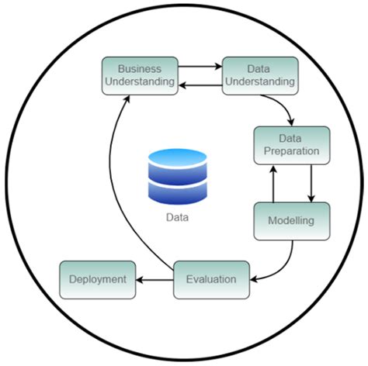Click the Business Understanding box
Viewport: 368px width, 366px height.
[141, 74]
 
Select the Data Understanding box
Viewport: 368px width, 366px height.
[259, 74]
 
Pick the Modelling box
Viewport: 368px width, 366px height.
[292, 220]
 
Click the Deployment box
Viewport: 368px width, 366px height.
[98, 279]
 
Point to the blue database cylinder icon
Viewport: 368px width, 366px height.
[178, 177]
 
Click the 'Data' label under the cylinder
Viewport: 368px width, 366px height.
[178, 218]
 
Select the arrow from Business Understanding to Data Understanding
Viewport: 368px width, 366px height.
[200, 67]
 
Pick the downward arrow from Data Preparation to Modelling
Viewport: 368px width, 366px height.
[311, 183]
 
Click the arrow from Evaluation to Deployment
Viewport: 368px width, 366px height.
[155, 279]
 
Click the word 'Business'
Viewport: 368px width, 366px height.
[141, 67]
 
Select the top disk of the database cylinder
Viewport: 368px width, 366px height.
[178, 159]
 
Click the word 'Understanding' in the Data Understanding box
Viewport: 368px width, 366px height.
[259, 81]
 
